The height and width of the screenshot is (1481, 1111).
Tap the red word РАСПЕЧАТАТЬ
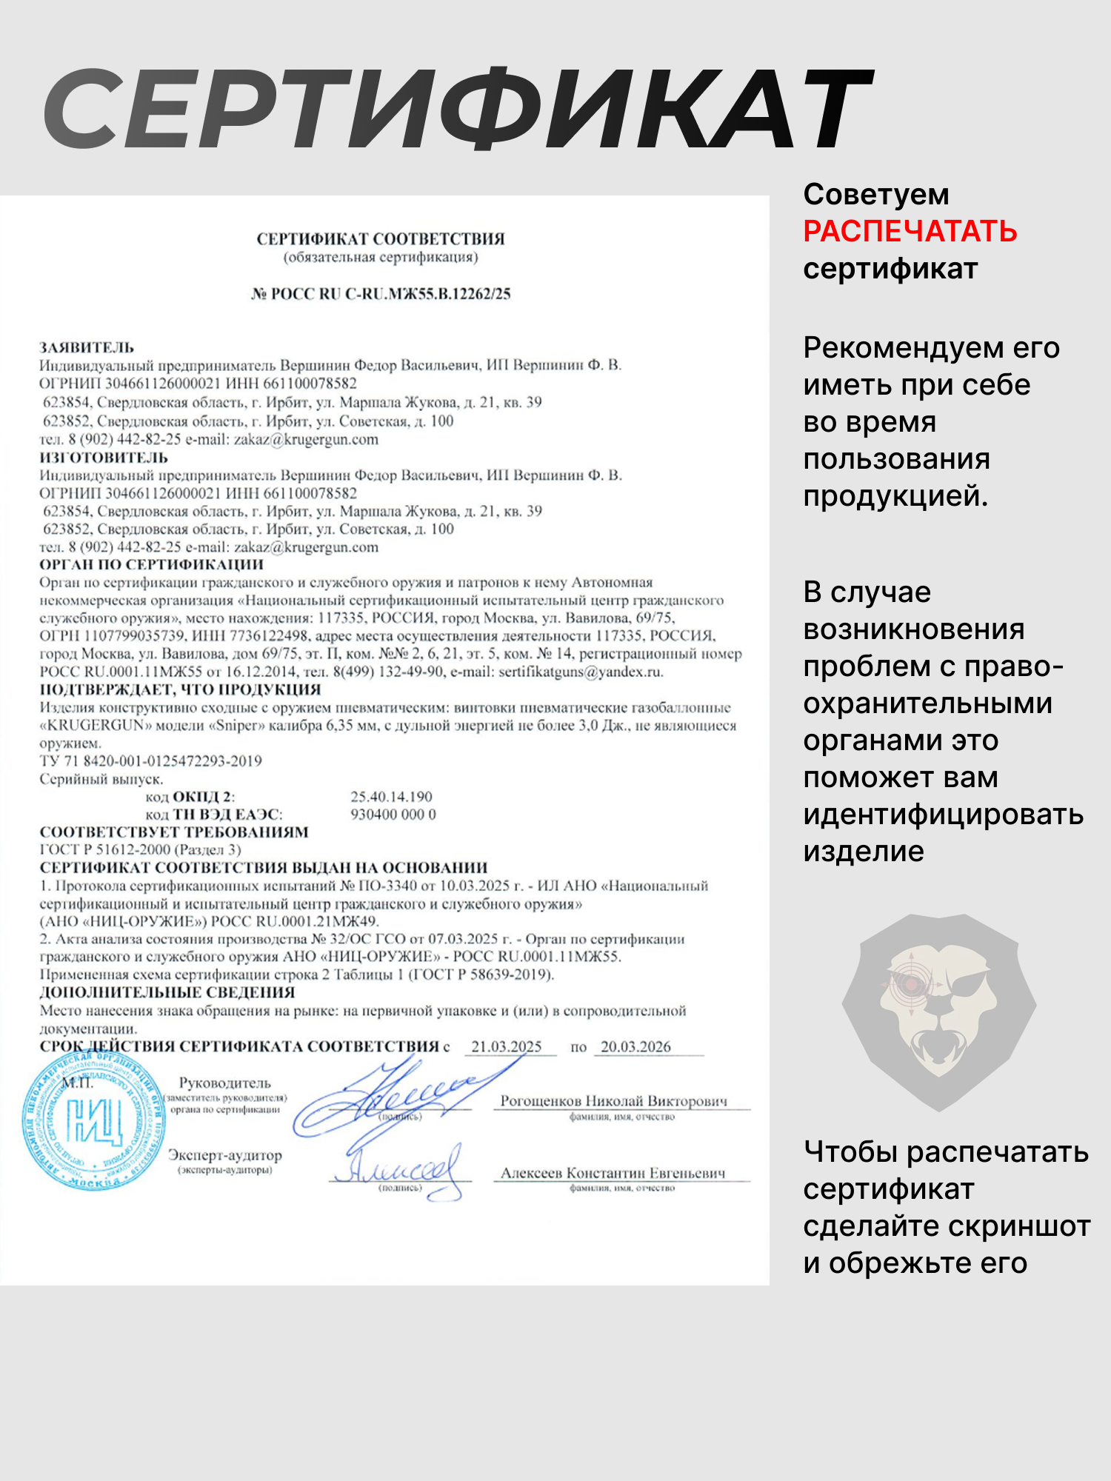pyautogui.click(x=910, y=232)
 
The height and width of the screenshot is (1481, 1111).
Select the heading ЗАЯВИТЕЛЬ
pyautogui.click(x=87, y=347)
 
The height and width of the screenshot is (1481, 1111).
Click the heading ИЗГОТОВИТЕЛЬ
pyautogui.click(x=104, y=457)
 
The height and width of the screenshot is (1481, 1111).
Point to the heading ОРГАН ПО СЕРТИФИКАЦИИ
pyautogui.click(x=151, y=564)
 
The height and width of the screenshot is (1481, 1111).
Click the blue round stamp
pyautogui.click(x=94, y=1119)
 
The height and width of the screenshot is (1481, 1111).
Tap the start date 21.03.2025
pyautogui.click(x=507, y=1046)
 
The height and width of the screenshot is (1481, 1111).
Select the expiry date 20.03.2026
pyautogui.click(x=635, y=1046)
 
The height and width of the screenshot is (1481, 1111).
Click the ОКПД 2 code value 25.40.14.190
pyautogui.click(x=391, y=797)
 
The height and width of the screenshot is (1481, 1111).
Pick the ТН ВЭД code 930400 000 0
pyautogui.click(x=393, y=815)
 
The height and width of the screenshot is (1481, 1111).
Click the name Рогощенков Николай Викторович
pyautogui.click(x=613, y=1101)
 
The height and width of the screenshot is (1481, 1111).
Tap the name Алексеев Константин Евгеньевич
pyautogui.click(x=613, y=1173)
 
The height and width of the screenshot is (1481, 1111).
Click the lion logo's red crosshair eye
pyautogui.click(x=908, y=985)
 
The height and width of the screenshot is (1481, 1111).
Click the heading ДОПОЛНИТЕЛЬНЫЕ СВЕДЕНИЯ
pyautogui.click(x=167, y=992)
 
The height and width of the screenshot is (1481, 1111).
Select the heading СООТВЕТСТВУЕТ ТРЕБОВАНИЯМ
pyautogui.click(x=174, y=832)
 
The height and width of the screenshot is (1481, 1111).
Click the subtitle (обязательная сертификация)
pyautogui.click(x=381, y=258)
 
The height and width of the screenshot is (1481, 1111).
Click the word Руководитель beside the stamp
pyautogui.click(x=225, y=1083)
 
